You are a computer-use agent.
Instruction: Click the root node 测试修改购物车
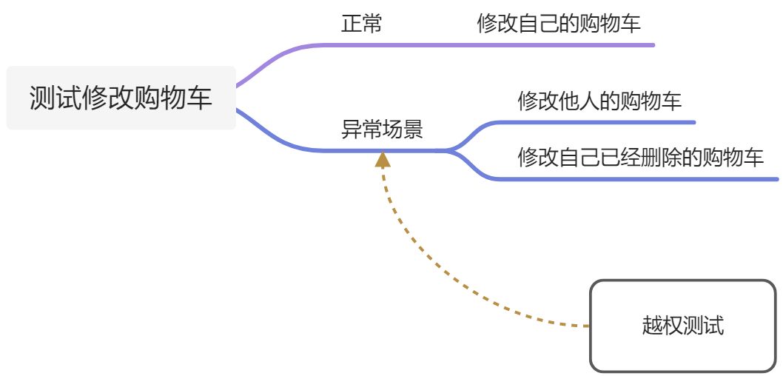coord(121,98)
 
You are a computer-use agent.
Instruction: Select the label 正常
coord(361,24)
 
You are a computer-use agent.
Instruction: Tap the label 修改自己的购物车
coord(559,24)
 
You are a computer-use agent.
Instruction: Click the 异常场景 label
coord(382,130)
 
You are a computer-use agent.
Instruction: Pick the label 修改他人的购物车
coord(599,101)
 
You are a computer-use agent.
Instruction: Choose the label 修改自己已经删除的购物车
coord(640,157)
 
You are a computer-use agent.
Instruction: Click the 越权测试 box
coord(682,326)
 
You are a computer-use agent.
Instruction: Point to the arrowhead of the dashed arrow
coord(383,158)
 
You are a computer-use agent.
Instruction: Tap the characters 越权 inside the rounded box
coord(662,326)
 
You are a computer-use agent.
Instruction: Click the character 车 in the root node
coord(201,98)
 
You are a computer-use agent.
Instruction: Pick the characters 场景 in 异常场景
coord(403,130)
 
